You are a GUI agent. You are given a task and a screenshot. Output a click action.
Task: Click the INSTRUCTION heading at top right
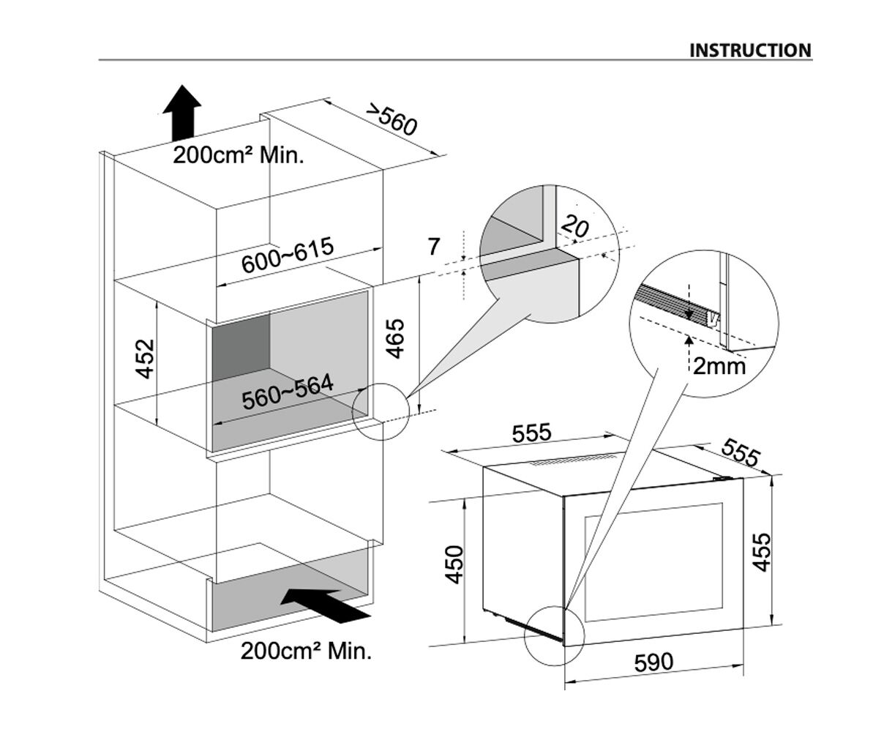750,51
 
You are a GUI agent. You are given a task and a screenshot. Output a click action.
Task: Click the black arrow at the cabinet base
325,605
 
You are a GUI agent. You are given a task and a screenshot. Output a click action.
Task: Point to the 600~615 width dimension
287,255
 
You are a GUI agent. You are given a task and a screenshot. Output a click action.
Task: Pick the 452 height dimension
146,358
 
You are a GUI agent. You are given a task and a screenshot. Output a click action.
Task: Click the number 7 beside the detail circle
434,247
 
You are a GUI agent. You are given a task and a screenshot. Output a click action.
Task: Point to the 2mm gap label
719,365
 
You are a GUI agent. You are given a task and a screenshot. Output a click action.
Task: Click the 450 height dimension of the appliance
455,564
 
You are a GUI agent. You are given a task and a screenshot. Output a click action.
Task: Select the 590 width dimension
653,662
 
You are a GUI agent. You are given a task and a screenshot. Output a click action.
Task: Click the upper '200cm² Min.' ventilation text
238,155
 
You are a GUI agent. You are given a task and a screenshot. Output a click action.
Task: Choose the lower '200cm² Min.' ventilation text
306,650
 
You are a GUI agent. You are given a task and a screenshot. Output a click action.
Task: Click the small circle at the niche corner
378,412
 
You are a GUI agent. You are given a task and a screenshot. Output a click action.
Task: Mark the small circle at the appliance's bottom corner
554,636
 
